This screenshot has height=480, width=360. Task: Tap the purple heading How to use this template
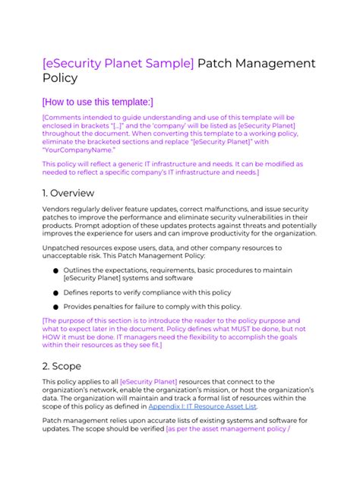[x=97, y=101]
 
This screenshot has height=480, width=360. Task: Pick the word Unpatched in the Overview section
[x=63, y=250]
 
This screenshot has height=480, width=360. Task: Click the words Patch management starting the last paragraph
[x=76, y=421]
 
